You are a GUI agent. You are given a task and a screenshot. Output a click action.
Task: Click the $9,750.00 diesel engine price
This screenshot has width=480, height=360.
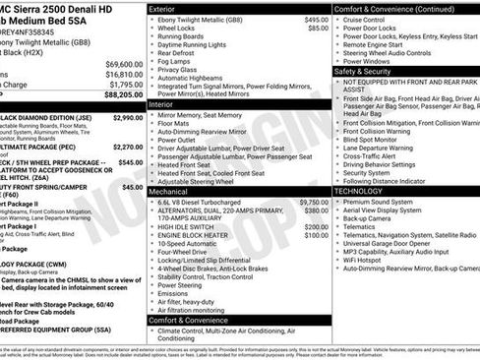[x=313, y=202]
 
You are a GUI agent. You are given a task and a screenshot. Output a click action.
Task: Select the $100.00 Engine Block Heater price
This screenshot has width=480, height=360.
[x=317, y=235]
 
